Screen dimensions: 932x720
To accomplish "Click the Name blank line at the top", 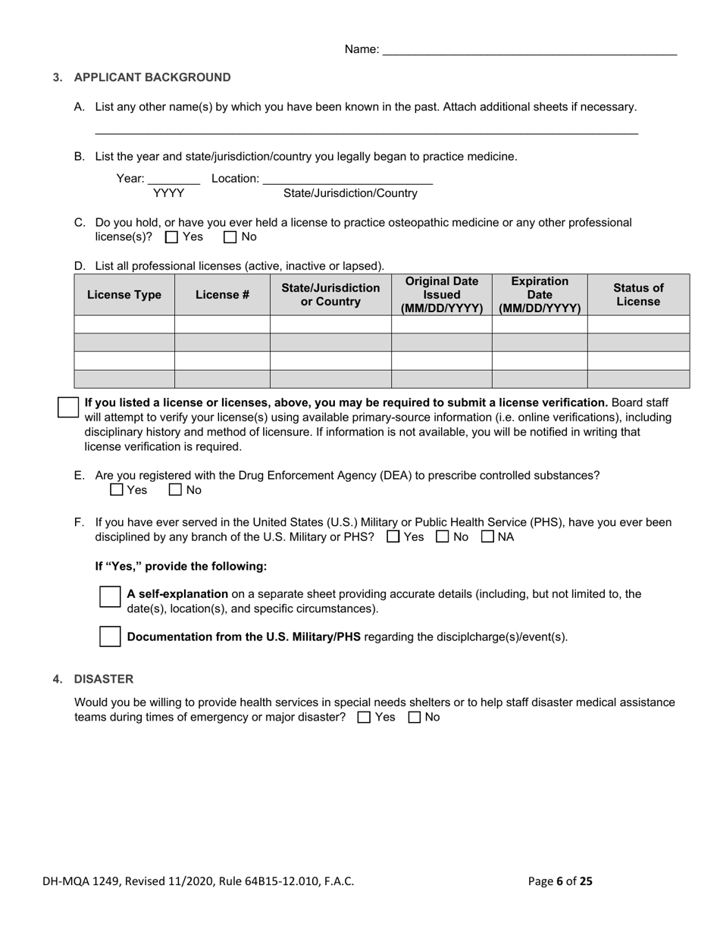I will click(529, 50).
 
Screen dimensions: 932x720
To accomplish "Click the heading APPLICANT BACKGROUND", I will click(152, 77).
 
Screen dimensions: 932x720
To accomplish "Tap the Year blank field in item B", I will click(174, 179).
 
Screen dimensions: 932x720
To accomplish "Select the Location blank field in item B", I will click(347, 179).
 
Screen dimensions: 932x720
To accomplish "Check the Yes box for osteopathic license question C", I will click(171, 237).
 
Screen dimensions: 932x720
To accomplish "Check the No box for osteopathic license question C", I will click(230, 237).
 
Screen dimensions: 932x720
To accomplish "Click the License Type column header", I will click(124, 295).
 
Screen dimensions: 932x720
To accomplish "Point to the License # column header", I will click(222, 295).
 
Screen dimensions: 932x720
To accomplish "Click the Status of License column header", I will click(638, 295).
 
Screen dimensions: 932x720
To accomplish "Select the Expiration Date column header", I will click(540, 295).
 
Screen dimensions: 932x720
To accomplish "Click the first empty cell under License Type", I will click(124, 324).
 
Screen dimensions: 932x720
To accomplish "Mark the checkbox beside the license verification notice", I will click(68, 407).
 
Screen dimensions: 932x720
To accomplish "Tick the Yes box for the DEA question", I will click(117, 490).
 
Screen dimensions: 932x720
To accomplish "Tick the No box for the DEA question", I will click(175, 490).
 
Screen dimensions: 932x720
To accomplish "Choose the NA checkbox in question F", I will click(488, 537).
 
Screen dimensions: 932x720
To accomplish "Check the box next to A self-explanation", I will click(110, 596).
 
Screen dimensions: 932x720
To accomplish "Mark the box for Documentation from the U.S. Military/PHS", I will click(110, 636).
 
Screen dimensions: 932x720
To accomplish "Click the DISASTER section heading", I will click(103, 679).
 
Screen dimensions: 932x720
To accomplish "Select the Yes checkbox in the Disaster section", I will click(364, 718).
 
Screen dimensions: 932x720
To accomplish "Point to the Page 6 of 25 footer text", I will click(560, 881).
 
